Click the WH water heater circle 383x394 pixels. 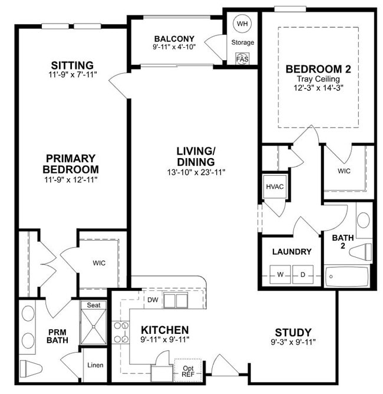click(x=242, y=24)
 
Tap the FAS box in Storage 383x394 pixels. click(x=242, y=59)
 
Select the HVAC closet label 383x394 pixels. click(x=274, y=187)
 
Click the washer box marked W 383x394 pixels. click(x=281, y=274)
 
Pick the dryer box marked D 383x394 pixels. click(x=303, y=274)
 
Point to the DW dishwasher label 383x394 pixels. click(x=153, y=300)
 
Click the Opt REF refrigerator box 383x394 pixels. click(x=189, y=369)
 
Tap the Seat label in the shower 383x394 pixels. click(x=94, y=305)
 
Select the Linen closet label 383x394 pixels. click(x=95, y=365)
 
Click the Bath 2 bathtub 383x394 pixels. click(x=346, y=275)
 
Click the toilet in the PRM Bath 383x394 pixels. click(x=30, y=368)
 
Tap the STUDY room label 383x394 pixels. click(x=293, y=332)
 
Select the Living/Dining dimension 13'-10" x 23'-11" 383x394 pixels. click(x=196, y=172)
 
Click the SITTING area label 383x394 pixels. click(x=72, y=65)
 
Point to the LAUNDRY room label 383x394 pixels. click(x=292, y=252)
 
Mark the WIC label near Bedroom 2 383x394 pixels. click(x=344, y=170)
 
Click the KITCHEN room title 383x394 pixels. click(x=164, y=329)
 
